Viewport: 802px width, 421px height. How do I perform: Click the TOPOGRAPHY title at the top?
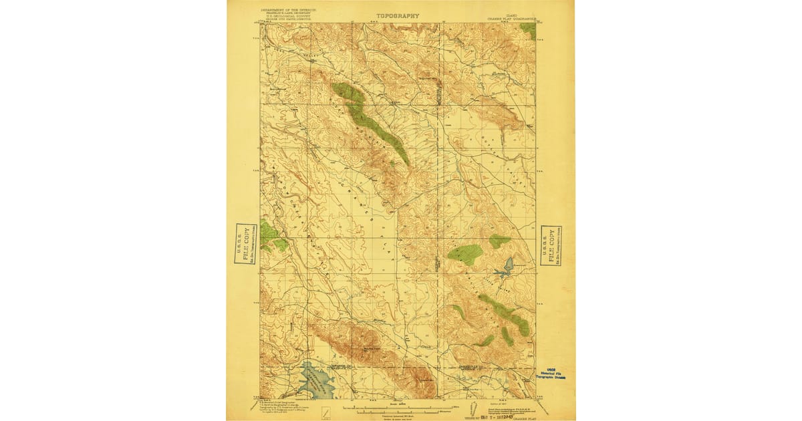(x=398, y=15)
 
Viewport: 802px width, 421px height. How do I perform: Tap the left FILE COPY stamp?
(x=245, y=243)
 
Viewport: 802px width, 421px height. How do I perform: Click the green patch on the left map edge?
(x=271, y=236)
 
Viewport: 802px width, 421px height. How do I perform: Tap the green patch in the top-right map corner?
(x=529, y=30)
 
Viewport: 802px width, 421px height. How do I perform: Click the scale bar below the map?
(x=397, y=406)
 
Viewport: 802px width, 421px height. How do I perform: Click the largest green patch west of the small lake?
(x=465, y=253)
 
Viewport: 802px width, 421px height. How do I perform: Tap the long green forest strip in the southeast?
(x=506, y=314)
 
